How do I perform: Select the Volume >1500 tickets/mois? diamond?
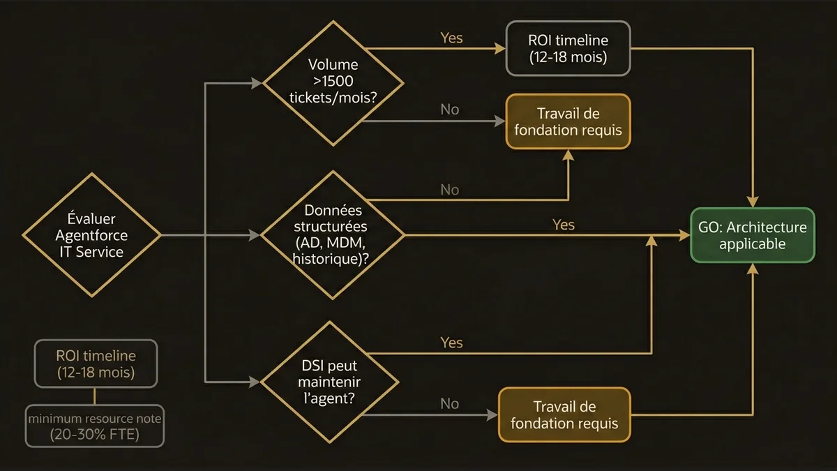(x=333, y=82)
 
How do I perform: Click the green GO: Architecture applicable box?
(x=753, y=235)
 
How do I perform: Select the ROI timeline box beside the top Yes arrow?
(x=568, y=47)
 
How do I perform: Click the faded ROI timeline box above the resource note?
(x=96, y=364)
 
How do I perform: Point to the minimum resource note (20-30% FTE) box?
(x=95, y=426)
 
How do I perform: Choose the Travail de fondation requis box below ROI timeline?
(x=568, y=121)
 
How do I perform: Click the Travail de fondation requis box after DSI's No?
(x=564, y=414)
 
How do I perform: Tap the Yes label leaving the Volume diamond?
(x=451, y=38)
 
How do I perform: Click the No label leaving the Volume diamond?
(x=450, y=110)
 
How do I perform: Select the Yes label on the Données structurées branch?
(x=564, y=224)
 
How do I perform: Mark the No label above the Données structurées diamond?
(x=450, y=189)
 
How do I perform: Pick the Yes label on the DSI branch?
(x=451, y=343)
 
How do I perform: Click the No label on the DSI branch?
(x=450, y=403)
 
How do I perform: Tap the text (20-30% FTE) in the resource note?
(x=95, y=434)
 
